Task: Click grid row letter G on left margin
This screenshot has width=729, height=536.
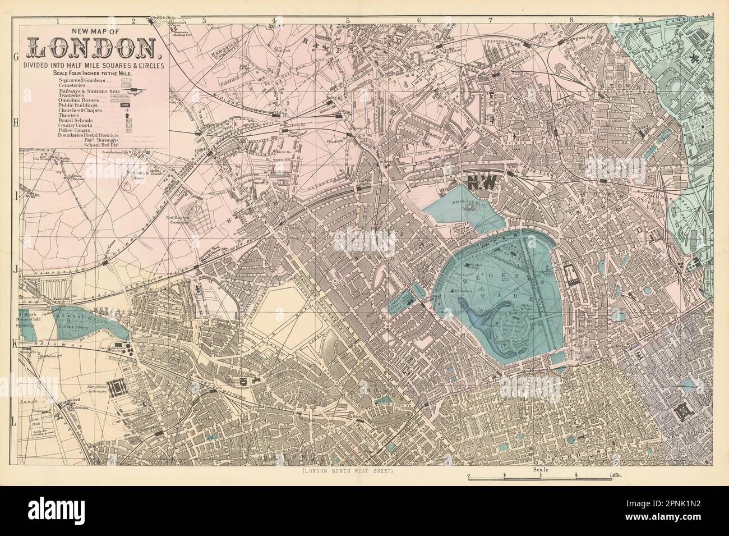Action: (15, 57)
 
